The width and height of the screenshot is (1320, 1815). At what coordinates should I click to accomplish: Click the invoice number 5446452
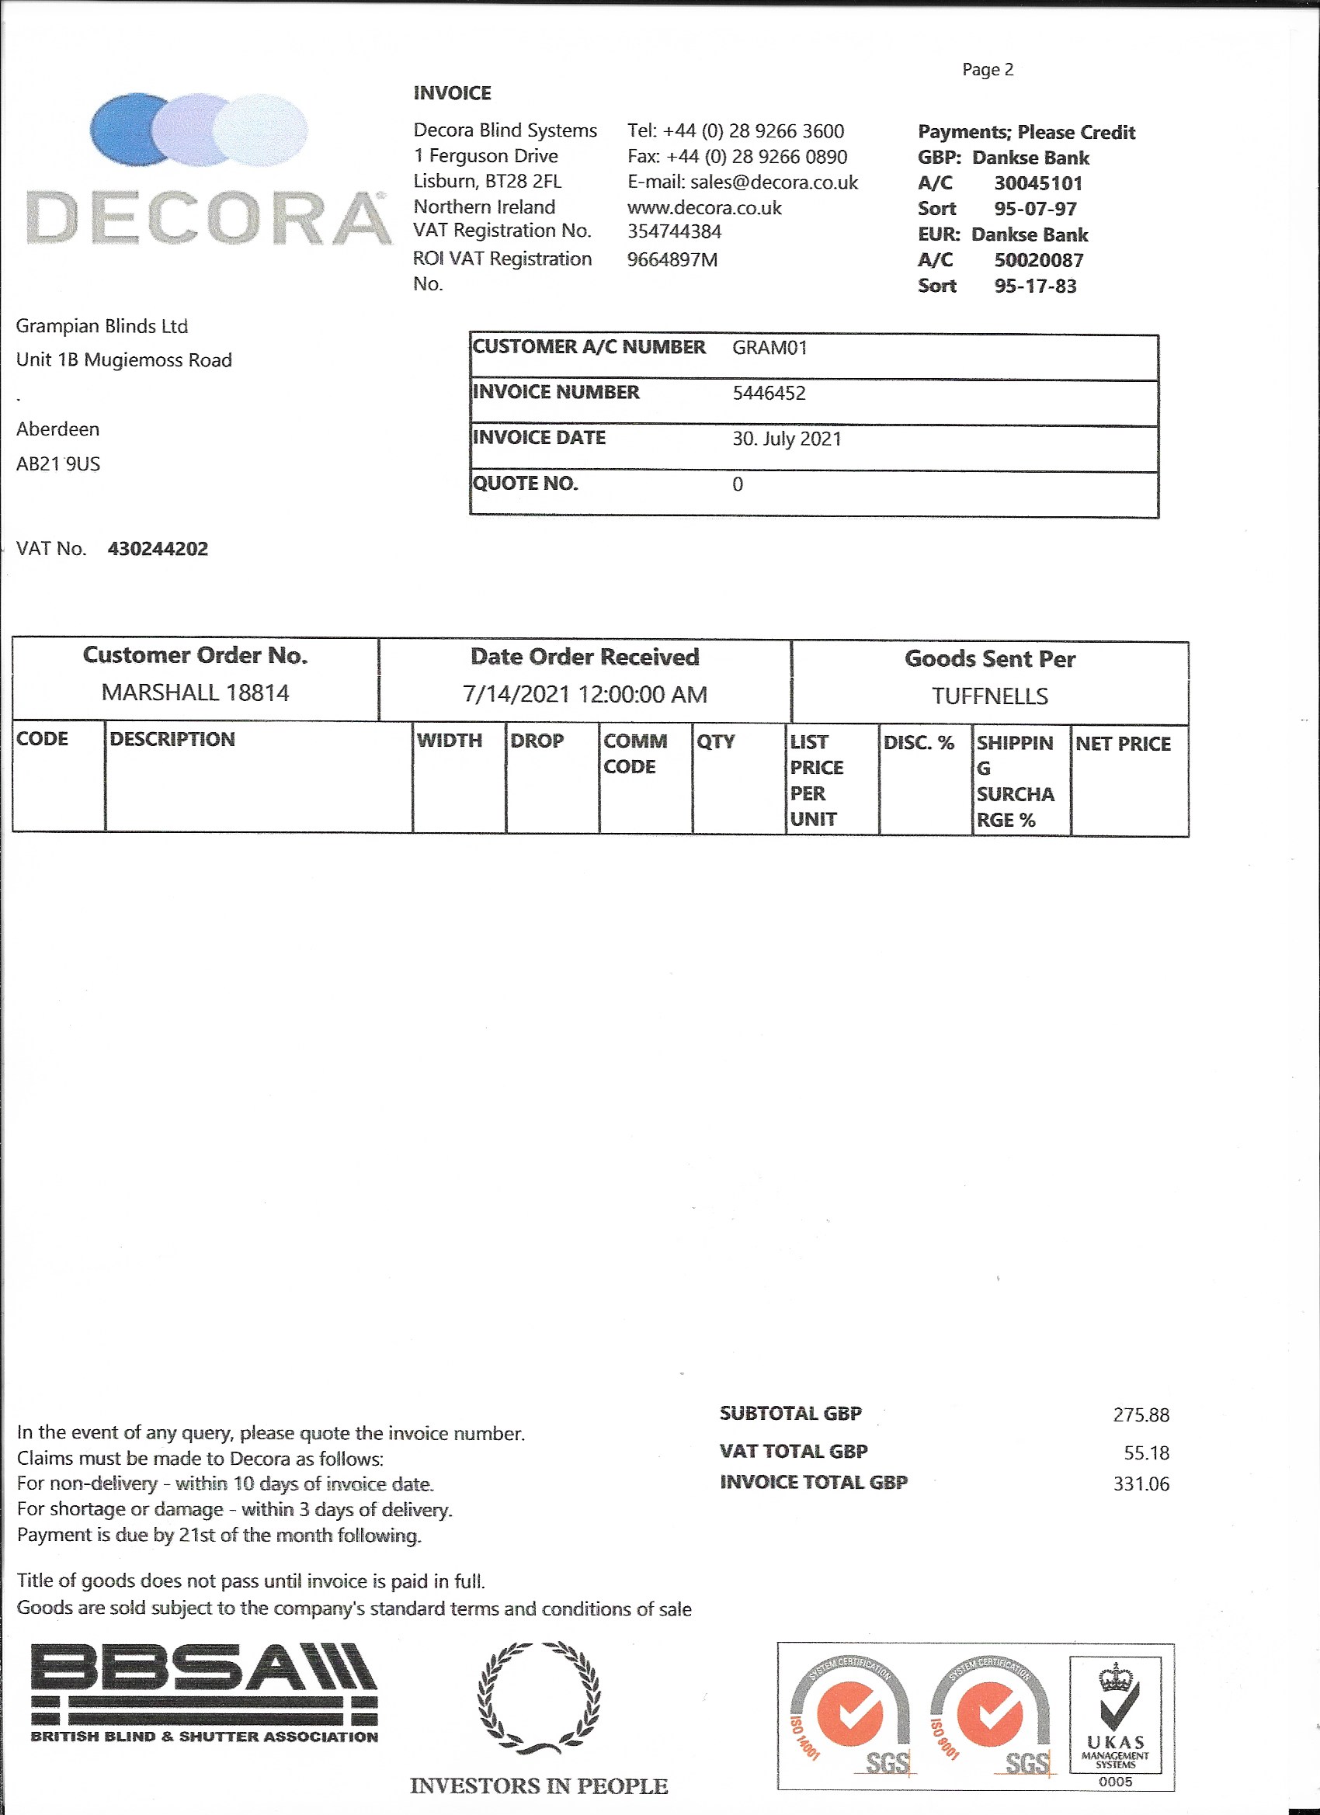coord(769,393)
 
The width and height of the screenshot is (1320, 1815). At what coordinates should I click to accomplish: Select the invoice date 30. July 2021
coord(786,439)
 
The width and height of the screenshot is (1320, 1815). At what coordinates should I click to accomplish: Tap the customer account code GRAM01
coord(769,347)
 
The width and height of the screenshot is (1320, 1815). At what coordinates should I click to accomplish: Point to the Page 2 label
coord(987,70)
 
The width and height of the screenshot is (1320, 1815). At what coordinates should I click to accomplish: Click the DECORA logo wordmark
coord(207,217)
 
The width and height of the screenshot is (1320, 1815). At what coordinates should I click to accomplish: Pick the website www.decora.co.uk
coord(703,208)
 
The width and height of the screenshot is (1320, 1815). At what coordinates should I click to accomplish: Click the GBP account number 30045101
coord(1037,183)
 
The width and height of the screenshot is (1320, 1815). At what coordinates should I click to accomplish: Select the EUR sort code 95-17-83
coord(1035,286)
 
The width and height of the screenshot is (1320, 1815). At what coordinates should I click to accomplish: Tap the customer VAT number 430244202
coord(158,549)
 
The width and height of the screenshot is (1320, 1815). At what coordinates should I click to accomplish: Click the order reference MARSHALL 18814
coord(196,692)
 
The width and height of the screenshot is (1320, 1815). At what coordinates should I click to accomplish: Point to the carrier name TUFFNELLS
coord(989,696)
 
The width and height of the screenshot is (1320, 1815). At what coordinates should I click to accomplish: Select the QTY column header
coord(716,741)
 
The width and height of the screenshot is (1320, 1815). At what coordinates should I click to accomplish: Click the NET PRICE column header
coord(1122,744)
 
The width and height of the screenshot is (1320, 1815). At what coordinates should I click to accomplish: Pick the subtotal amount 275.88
coord(1141,1415)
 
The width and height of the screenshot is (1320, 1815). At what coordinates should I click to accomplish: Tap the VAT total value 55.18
coord(1146,1452)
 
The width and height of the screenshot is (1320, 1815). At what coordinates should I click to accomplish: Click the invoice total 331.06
coord(1141,1484)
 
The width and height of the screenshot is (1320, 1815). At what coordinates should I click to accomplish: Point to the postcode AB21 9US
coord(58,464)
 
